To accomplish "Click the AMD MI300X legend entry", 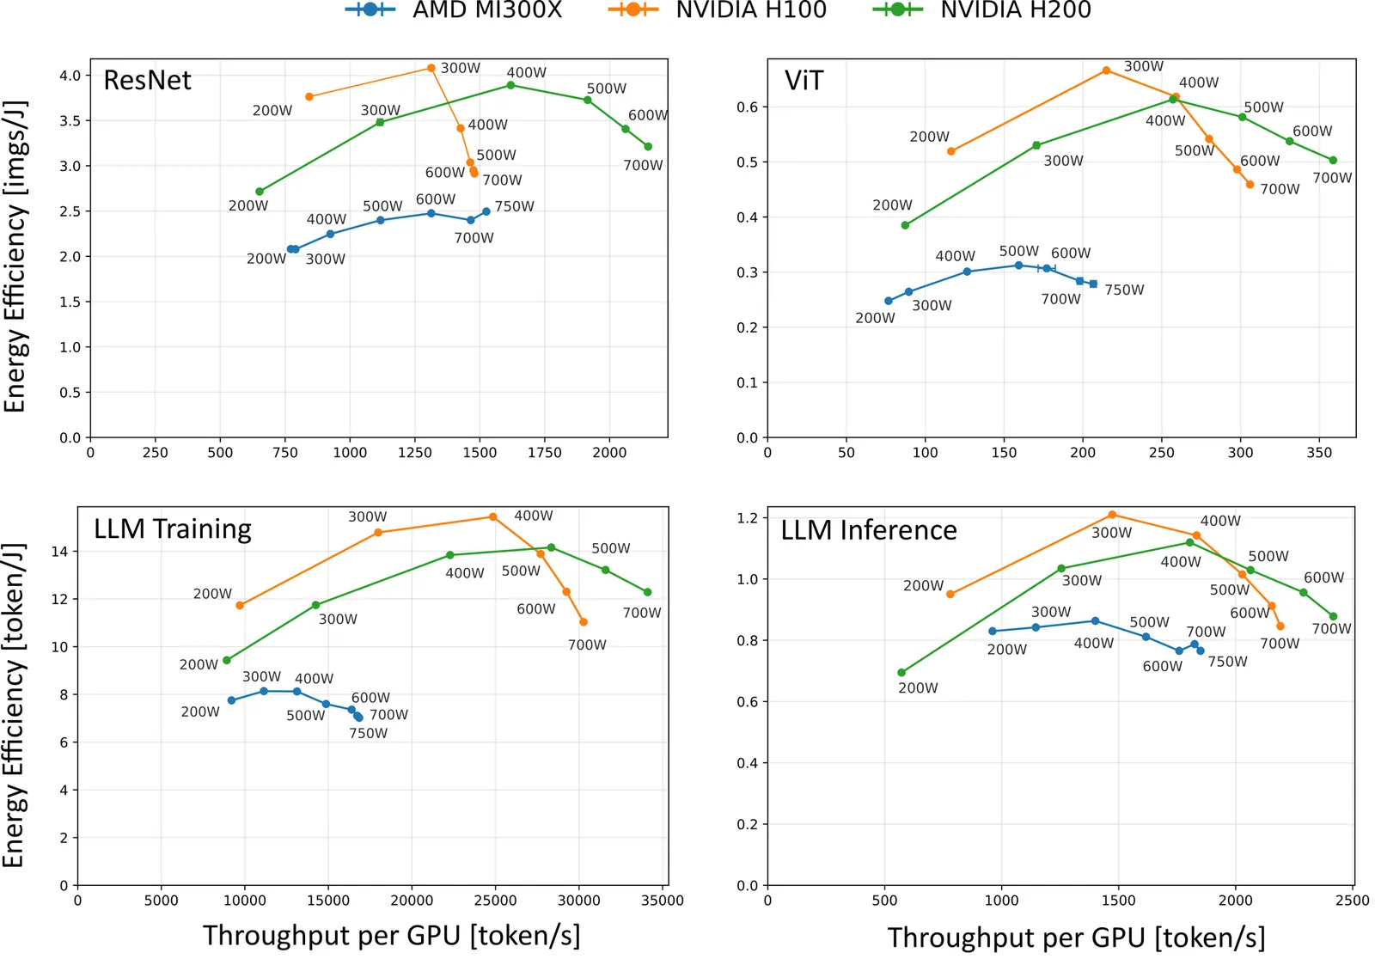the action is pos(454,9).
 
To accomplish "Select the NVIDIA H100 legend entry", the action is pos(717,9).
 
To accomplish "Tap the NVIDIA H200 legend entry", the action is pos(981,9).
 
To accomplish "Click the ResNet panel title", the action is pos(147,81).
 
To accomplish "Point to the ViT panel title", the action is pos(804,81).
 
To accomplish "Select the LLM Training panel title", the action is pos(173,529).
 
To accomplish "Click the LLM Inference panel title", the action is pos(869,530).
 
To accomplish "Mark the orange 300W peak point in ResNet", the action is pos(431,68).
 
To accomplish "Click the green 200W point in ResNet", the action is pos(259,192).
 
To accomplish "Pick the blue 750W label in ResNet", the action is pos(515,206).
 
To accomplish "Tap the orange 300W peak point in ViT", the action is pos(1106,70).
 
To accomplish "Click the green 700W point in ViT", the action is pos(1333,160).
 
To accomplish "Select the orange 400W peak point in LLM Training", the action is pos(493,517).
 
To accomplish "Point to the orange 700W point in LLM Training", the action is pos(584,622).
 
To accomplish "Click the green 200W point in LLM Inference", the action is pos(901,672).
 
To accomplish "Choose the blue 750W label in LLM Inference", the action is pos(1228,661).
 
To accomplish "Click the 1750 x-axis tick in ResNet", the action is pos(545,453).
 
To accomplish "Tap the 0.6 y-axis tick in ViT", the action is pos(748,107).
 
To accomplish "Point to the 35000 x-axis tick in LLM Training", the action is pos(663,900).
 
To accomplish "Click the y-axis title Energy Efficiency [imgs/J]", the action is pos(14,256).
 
